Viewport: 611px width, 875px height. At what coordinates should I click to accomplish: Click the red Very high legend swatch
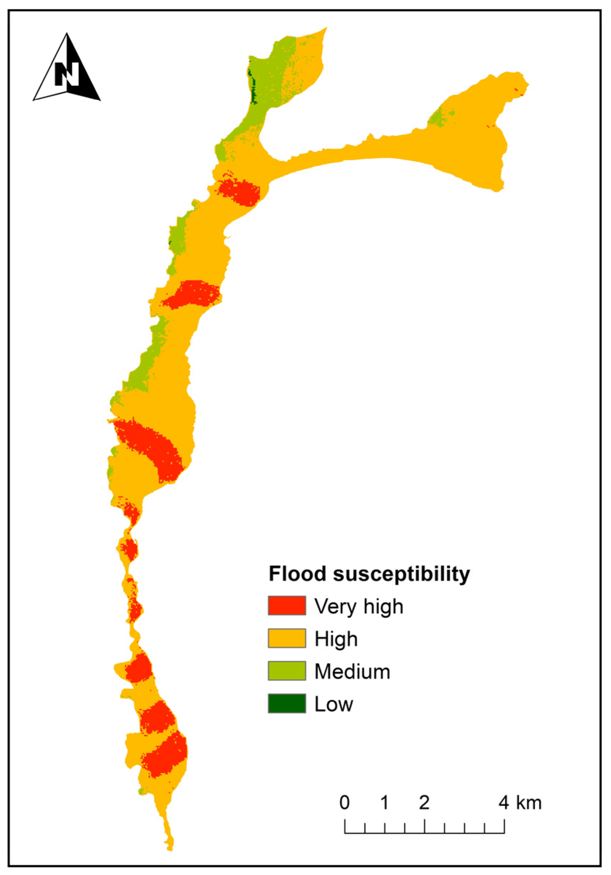287,606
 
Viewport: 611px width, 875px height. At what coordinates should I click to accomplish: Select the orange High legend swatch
287,638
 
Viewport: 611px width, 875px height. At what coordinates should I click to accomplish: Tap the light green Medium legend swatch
287,671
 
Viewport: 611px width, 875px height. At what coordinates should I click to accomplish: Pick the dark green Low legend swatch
287,703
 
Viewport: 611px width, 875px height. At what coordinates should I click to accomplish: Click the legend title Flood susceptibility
369,574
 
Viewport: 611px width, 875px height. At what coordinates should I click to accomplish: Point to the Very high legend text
359,606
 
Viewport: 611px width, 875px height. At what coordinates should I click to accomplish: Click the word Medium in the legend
352,671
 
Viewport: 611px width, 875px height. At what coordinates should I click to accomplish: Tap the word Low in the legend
333,704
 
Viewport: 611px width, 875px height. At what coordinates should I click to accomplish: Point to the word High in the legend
336,639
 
